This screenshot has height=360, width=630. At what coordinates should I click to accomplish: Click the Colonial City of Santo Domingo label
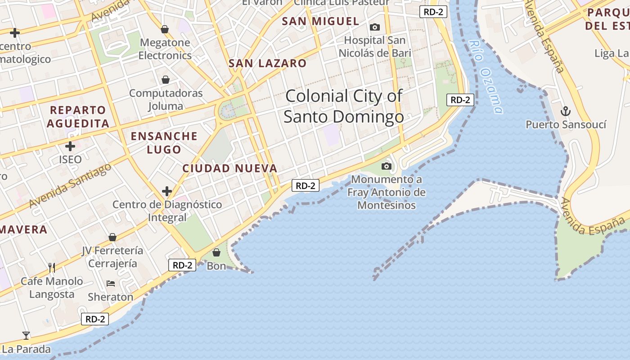[x=344, y=106]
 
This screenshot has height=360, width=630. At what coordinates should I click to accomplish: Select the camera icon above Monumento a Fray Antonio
[x=386, y=166]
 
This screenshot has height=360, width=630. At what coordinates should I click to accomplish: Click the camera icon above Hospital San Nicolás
[x=374, y=27]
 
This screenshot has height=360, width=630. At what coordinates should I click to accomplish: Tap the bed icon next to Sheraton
[x=111, y=283]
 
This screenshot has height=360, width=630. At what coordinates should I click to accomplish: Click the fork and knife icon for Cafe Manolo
[x=52, y=268]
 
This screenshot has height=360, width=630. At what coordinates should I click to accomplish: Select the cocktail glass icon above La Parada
[x=26, y=335]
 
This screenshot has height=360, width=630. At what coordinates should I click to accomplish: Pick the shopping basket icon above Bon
[x=216, y=252]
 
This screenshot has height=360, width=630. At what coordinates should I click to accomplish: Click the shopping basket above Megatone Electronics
[x=165, y=29]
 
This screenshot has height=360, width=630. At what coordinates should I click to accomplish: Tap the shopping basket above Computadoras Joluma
[x=166, y=80]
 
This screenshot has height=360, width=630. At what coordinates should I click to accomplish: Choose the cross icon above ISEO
[x=70, y=146]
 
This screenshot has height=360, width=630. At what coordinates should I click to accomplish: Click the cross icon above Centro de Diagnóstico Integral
[x=167, y=191]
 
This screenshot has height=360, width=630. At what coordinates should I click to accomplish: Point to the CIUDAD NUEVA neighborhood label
[x=229, y=168]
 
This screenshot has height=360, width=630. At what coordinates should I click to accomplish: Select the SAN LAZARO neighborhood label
[x=267, y=63]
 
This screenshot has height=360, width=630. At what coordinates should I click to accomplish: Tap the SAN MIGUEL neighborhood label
[x=320, y=21]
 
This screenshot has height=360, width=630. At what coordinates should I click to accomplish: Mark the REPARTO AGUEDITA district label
[x=78, y=117]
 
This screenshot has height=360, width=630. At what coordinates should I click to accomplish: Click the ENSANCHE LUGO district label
[x=164, y=143]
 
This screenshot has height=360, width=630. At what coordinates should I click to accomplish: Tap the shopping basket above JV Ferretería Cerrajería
[x=112, y=237]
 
